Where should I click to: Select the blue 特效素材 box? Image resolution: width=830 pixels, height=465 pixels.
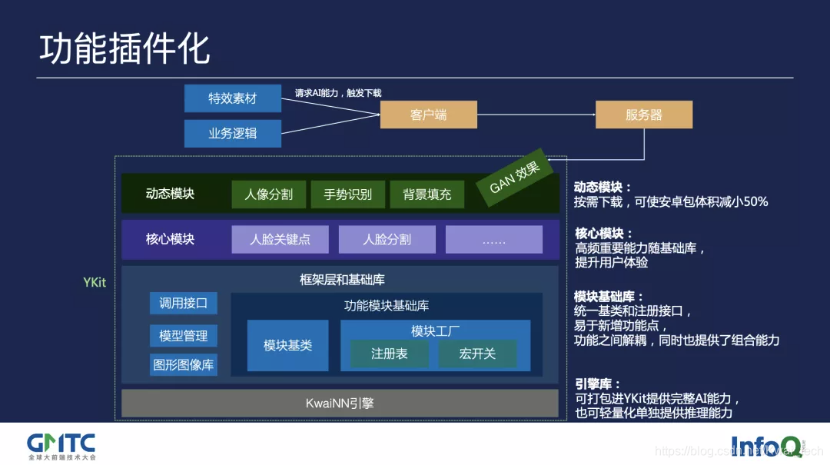pos(232,98)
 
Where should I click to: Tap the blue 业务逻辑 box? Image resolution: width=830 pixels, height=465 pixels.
pos(232,133)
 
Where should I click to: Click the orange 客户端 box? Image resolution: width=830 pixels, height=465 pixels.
pos(428,115)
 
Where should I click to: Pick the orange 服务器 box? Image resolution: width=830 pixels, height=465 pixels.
pos(643,115)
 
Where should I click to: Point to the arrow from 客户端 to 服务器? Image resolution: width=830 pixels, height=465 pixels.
pos(536,115)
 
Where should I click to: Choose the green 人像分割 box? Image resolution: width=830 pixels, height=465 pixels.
pos(268,194)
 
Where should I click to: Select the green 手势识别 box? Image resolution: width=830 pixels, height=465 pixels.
pos(347,194)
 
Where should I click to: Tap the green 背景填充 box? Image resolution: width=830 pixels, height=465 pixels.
pos(427,194)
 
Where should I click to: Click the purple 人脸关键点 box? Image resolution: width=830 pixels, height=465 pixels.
pos(281,239)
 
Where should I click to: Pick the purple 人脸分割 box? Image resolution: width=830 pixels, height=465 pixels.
pos(387,239)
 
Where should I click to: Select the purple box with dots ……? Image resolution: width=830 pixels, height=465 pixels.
pos(493,239)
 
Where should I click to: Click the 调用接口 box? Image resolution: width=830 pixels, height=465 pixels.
pos(183,303)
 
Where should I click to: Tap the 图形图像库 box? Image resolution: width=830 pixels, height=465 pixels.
pos(183,364)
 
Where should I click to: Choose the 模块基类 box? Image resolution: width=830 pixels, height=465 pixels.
pos(287,345)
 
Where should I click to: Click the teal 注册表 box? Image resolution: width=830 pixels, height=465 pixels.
pos(389,354)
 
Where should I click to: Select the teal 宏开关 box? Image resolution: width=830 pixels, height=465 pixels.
pos(477,354)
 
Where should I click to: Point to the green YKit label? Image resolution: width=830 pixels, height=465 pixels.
pos(95,282)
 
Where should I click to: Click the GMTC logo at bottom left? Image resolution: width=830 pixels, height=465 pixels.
pos(61,445)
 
